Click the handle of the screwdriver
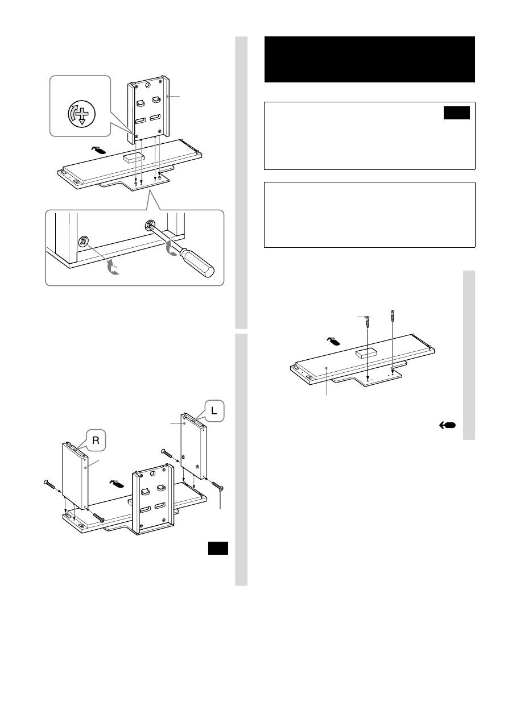point(199,265)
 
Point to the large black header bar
point(369,59)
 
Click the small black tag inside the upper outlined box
point(457,113)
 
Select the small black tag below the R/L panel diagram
point(217,547)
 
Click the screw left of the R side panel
point(49,484)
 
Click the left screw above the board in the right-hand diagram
point(368,321)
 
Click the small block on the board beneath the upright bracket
point(133,157)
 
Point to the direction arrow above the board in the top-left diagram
point(98,152)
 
